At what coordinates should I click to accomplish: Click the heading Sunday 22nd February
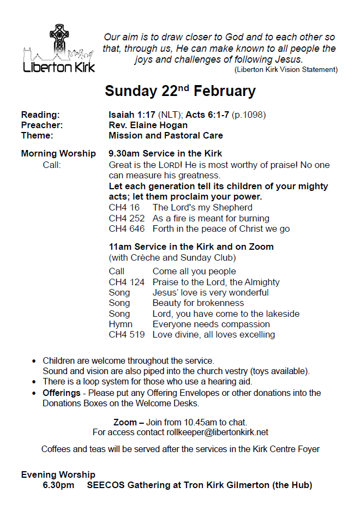(x=180, y=91)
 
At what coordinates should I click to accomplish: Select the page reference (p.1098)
(x=249, y=115)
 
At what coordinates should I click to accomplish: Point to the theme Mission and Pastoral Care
(x=166, y=135)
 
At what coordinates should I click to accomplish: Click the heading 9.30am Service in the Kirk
(x=165, y=153)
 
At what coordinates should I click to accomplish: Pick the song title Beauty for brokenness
(x=198, y=303)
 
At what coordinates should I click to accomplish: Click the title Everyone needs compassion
(x=211, y=324)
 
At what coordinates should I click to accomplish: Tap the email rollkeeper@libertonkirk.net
(x=217, y=432)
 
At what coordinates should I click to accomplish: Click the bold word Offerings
(x=61, y=393)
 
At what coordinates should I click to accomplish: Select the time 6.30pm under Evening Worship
(x=58, y=485)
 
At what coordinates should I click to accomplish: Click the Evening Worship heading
(x=58, y=474)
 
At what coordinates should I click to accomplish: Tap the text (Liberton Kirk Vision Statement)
(x=286, y=69)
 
